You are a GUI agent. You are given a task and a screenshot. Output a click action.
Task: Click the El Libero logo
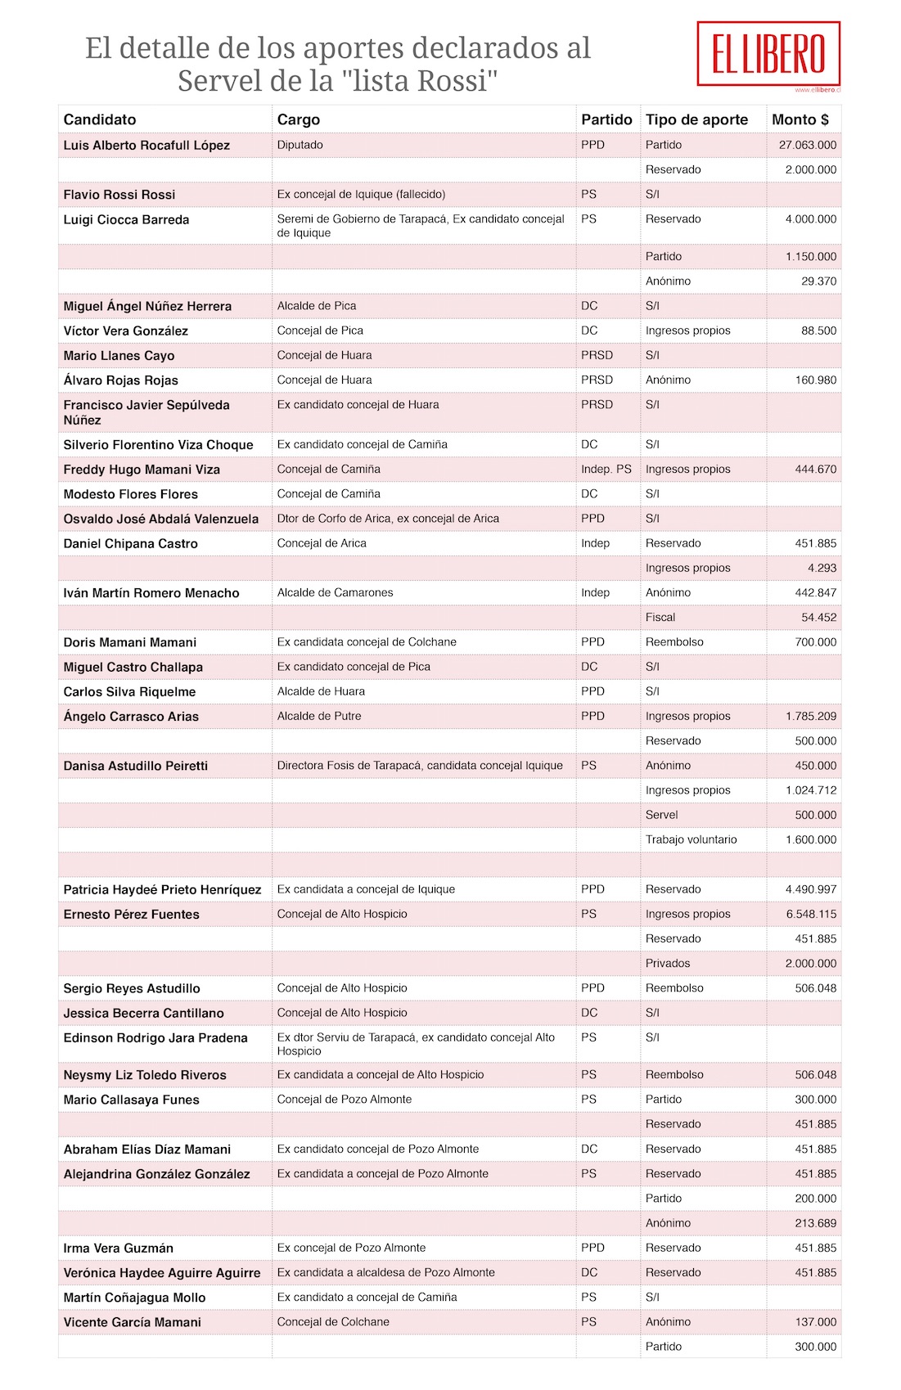coord(768,54)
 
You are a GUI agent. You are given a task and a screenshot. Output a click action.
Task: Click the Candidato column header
coord(100,119)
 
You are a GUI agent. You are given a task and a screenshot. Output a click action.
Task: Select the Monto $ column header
coord(800,119)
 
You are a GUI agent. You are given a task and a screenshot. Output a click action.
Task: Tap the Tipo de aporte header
coord(696,119)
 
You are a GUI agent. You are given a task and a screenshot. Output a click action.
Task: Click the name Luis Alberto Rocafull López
coord(146,146)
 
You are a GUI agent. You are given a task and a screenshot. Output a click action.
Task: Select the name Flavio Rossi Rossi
coord(119,195)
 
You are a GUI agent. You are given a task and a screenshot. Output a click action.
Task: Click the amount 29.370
coord(818,281)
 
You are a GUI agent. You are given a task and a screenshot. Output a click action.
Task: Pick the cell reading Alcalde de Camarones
coord(335,592)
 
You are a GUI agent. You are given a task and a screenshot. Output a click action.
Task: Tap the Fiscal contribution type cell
coord(660,618)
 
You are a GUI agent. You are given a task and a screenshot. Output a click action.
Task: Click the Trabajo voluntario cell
coord(691,839)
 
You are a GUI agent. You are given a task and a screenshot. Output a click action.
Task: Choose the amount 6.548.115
coord(811,914)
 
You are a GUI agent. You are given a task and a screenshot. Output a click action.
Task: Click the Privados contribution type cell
coord(668,964)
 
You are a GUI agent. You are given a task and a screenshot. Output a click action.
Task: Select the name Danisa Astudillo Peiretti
coord(136,766)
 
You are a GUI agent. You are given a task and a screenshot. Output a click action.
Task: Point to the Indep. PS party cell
coord(606,470)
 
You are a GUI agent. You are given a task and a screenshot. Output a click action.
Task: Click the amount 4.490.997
coord(811,889)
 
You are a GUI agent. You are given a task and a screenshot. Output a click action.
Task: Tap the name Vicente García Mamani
coord(133,1322)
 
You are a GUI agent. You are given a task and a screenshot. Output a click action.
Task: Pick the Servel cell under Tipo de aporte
coord(661,815)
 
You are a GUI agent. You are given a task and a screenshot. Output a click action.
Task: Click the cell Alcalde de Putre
coord(319,716)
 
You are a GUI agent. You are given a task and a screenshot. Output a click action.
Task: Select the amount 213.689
coord(816,1223)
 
